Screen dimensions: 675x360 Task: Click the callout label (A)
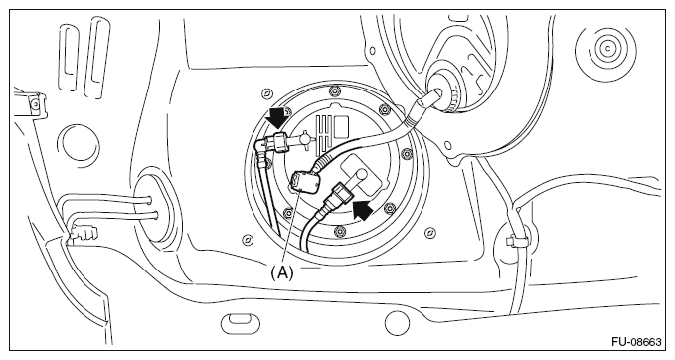pyautogui.click(x=282, y=272)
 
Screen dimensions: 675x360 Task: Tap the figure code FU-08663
pyautogui.click(x=636, y=342)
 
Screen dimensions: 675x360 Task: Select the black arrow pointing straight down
pyautogui.click(x=277, y=118)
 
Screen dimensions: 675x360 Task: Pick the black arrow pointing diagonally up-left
pyautogui.click(x=362, y=209)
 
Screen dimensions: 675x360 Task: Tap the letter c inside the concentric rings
pyautogui.click(x=607, y=48)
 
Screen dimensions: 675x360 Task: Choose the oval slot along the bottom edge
pyautogui.click(x=241, y=322)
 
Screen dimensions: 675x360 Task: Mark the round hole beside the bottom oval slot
pyautogui.click(x=397, y=323)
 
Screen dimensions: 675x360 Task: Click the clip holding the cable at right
pyautogui.click(x=517, y=241)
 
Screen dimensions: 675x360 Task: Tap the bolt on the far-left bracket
pyautogui.click(x=35, y=103)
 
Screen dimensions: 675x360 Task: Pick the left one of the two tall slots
pyautogui.click(x=69, y=58)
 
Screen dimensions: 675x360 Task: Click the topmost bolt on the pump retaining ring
pyautogui.click(x=333, y=91)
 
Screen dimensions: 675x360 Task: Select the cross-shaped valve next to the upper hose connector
pyautogui.click(x=304, y=139)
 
